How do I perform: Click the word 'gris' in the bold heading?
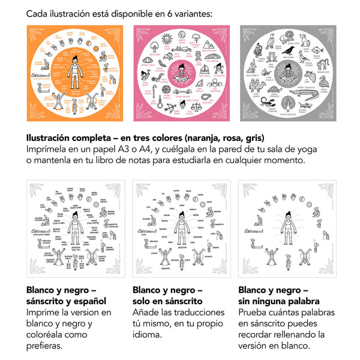click(x=251, y=137)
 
